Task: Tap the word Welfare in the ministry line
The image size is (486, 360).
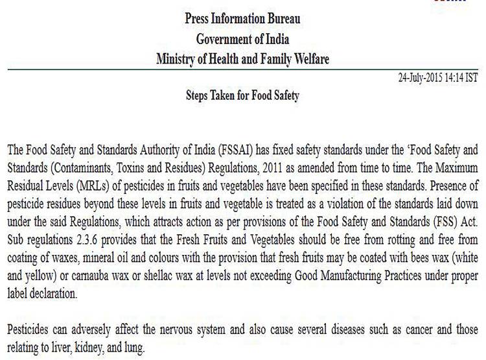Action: coord(308,59)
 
